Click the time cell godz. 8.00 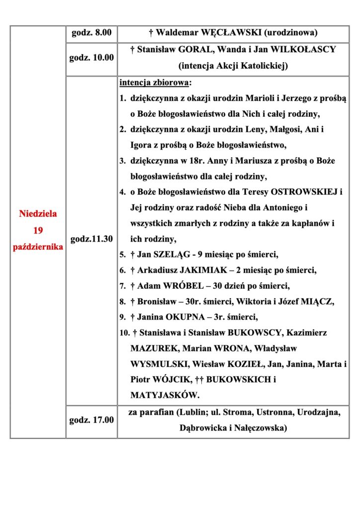point(91,34)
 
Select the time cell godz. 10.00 point(91,57)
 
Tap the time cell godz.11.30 point(91,239)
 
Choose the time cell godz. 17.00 point(91,421)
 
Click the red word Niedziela point(38,214)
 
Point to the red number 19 point(38,231)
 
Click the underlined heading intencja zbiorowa point(155,82)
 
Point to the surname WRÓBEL point(174,286)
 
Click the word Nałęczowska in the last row point(259,428)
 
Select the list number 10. point(124,333)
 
